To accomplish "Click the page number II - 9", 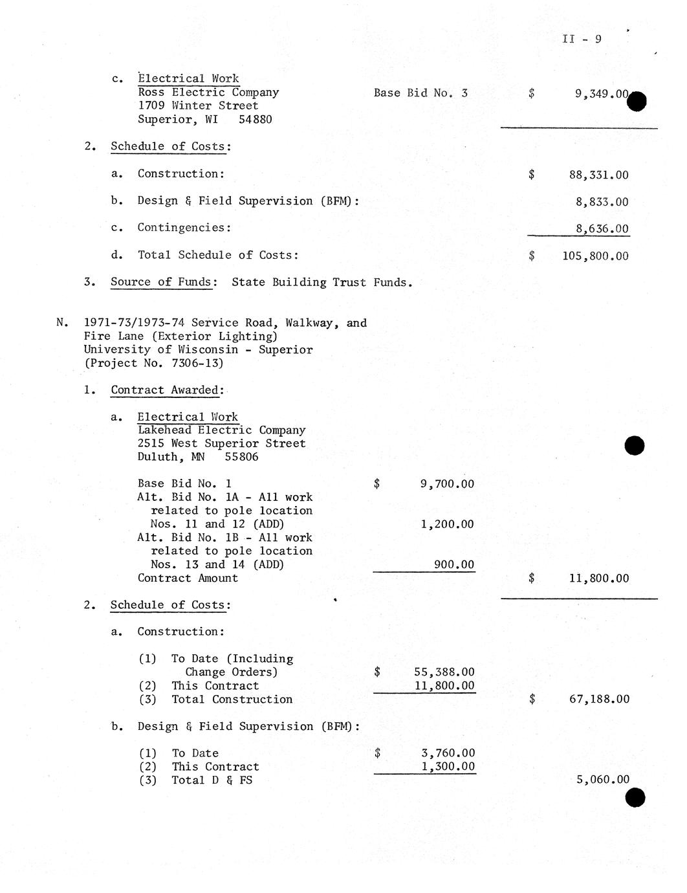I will (x=582, y=39).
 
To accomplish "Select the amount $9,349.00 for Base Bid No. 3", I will (x=601, y=94).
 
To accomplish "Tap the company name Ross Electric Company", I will (x=208, y=93).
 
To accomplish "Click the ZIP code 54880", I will (x=255, y=120).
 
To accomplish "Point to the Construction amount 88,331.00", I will (x=598, y=175).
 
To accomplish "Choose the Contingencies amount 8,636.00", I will (x=602, y=229).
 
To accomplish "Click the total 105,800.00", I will (x=595, y=256).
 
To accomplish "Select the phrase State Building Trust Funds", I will (x=322, y=283).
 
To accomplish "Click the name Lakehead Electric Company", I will (x=221, y=430).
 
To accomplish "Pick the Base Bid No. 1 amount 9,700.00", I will (x=447, y=484).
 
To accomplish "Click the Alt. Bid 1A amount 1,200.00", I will (x=447, y=525).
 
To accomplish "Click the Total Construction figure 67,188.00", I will (x=599, y=700).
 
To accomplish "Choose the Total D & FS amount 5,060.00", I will (x=602, y=780).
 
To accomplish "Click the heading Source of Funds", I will (x=161, y=282).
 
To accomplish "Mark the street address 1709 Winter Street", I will (x=198, y=106).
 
